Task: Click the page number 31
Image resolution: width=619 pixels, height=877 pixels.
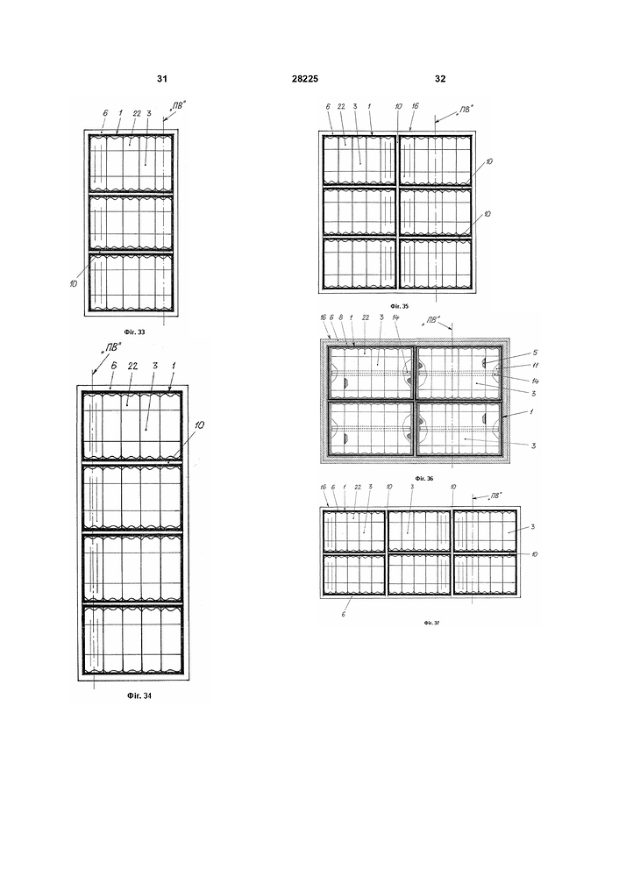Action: pos(161,79)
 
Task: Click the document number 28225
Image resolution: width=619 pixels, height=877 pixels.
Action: pos(306,79)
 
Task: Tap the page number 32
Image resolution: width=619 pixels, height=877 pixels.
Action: pos(440,79)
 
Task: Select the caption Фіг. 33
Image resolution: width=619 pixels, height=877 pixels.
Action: pos(132,333)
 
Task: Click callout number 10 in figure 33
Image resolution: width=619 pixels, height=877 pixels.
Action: pos(72,283)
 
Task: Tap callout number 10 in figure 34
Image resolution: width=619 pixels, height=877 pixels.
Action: pos(200,424)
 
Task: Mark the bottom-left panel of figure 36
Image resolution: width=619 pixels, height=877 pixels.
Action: pos(370,428)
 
